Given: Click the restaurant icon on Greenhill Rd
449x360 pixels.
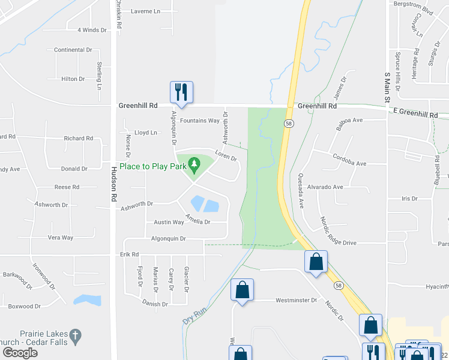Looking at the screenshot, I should tap(181, 92).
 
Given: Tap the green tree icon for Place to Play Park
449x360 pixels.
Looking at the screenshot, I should tap(193, 163).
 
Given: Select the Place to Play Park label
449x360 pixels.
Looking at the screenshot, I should tap(152, 166).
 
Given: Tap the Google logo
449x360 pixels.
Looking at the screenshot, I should tap(20, 353).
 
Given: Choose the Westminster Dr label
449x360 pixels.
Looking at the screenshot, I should tap(296, 300).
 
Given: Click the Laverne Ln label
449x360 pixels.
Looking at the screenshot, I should tap(146, 11).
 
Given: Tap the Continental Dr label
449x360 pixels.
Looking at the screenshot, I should tap(73, 50).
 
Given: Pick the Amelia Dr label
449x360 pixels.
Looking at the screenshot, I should tap(197, 220).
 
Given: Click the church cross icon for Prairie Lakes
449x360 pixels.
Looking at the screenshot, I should tap(75, 335).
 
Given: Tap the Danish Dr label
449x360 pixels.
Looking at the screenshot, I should tap(155, 304).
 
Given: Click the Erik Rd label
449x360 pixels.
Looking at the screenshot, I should tap(129, 254).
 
